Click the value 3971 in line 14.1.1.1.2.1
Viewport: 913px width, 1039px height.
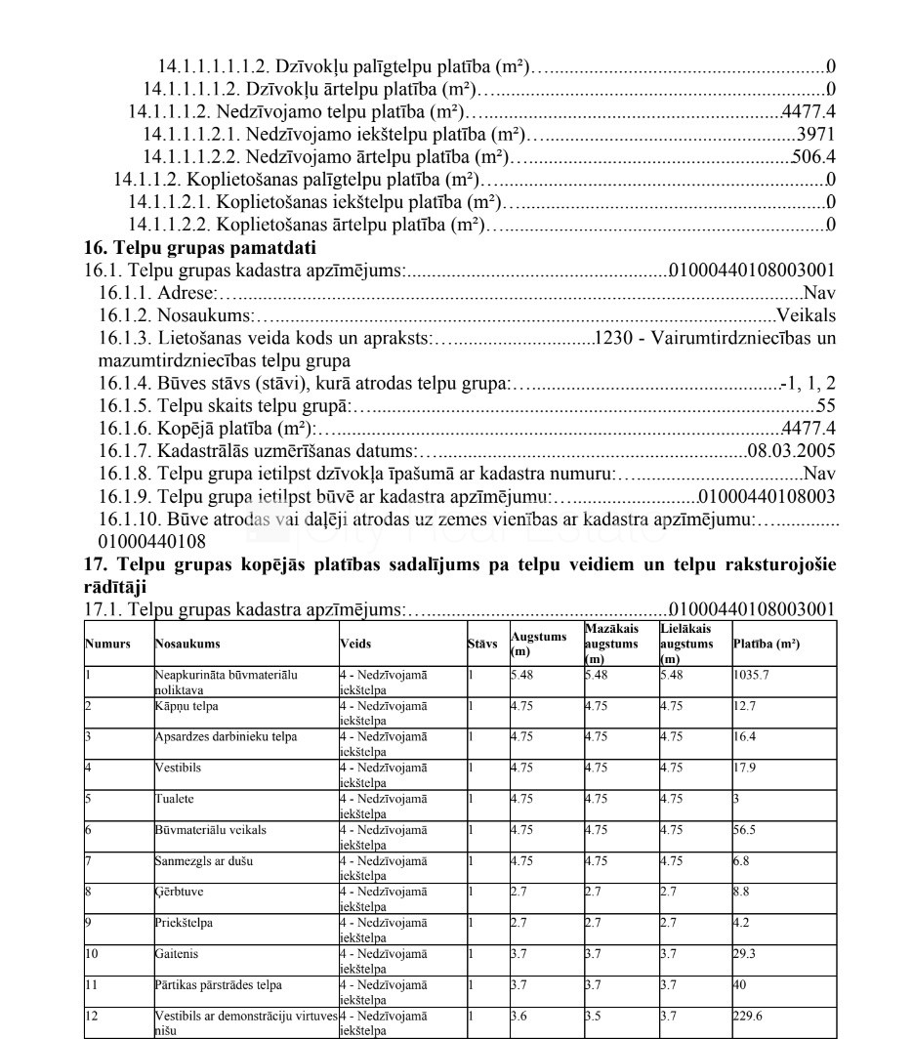click(815, 134)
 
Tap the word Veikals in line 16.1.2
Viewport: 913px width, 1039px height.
click(806, 315)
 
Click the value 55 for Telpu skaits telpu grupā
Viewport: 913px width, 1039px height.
click(825, 406)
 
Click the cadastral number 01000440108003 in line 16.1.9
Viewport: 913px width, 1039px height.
click(768, 496)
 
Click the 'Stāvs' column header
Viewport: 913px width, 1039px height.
click(482, 644)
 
